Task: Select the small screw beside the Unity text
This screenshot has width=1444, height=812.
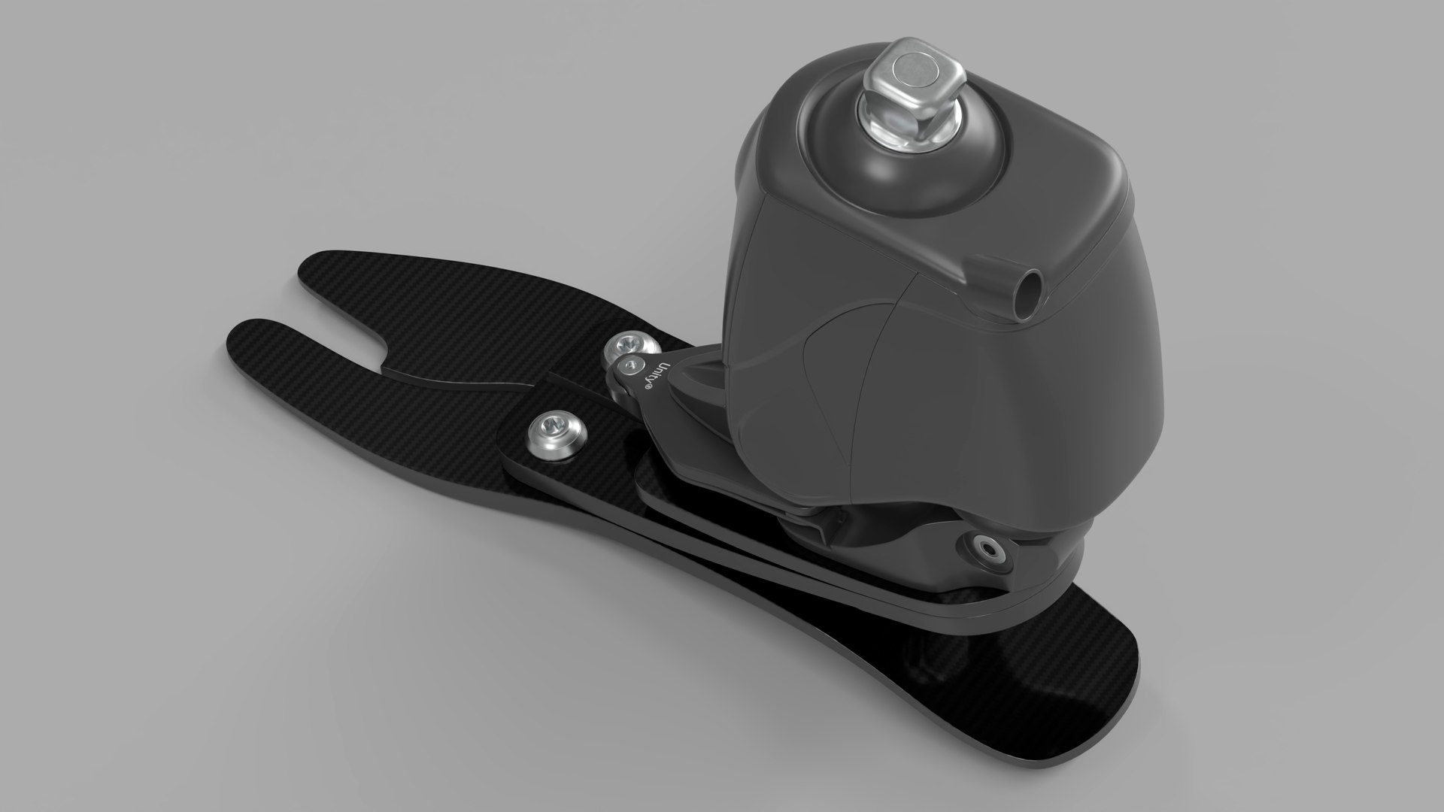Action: pyautogui.click(x=625, y=367)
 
